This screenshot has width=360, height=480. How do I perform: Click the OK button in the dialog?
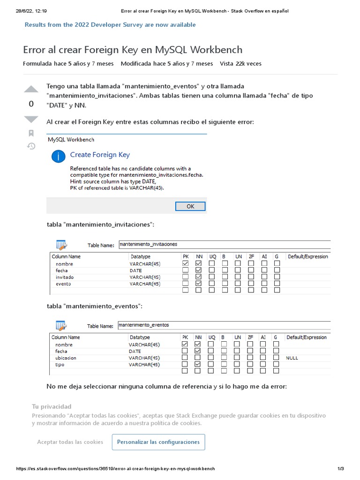click(190, 206)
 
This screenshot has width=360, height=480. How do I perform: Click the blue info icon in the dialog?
click(58, 157)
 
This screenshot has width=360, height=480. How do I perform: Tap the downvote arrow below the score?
click(31, 119)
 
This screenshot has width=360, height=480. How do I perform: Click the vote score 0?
click(31, 104)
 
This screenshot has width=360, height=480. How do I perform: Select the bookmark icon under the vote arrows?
click(31, 133)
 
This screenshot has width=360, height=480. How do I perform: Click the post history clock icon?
click(31, 146)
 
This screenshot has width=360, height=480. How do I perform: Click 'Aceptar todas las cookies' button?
click(70, 442)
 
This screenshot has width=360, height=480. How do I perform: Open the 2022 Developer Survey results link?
click(110, 24)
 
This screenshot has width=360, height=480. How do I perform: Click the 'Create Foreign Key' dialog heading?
click(100, 155)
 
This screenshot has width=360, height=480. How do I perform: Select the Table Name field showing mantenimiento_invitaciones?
click(224, 244)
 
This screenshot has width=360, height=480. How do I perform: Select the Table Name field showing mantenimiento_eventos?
click(224, 325)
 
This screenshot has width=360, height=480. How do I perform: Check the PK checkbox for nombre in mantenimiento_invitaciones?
click(185, 264)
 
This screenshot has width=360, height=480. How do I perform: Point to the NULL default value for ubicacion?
click(292, 358)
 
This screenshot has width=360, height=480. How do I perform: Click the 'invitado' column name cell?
click(65, 277)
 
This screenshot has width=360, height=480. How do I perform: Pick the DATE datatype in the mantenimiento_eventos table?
click(135, 351)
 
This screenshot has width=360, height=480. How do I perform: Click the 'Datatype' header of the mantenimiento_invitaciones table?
click(140, 256)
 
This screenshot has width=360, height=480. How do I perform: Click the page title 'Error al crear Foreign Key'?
click(133, 50)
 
